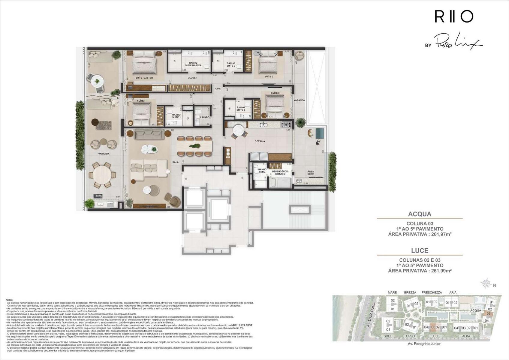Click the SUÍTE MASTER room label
click(x=144, y=78)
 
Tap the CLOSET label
click(x=192, y=78)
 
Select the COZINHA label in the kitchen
click(x=260, y=141)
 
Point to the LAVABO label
click(x=205, y=117)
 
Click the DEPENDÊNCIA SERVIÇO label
click(x=280, y=173)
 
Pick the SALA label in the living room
click(x=176, y=162)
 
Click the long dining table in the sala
click(x=194, y=146)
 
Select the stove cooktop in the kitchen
click(x=286, y=124)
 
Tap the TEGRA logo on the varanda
click(x=98, y=196)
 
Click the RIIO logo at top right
click(x=454, y=16)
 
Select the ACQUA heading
click(x=420, y=214)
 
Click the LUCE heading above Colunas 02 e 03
click(x=420, y=250)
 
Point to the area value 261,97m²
click(x=441, y=234)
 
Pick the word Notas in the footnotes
click(x=10, y=300)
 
